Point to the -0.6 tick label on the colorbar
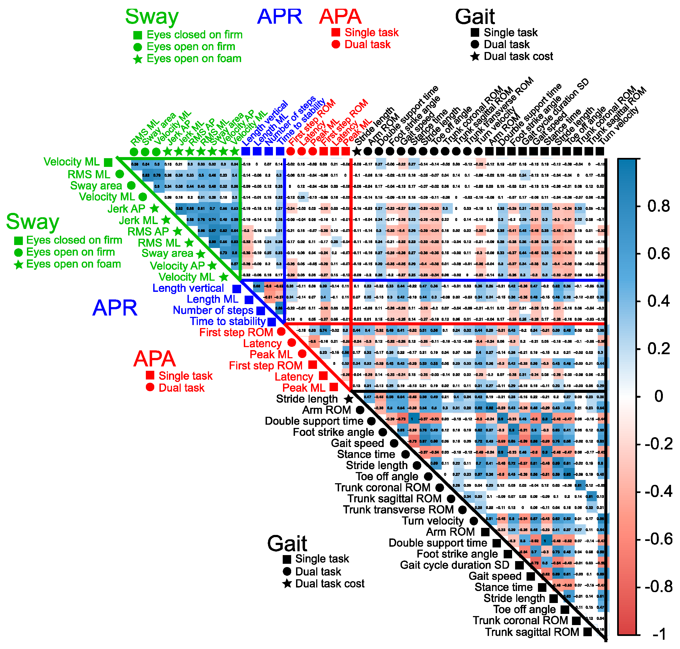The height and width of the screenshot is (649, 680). click(x=658, y=539)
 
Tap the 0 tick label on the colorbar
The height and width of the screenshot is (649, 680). click(x=659, y=396)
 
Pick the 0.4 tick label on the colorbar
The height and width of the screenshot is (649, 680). click(x=658, y=301)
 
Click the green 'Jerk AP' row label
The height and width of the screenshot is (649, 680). click(x=126, y=209)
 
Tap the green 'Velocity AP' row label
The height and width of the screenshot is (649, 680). click(x=177, y=266)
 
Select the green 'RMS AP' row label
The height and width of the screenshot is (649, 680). click(x=148, y=231)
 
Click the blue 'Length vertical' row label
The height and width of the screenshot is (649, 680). click(x=188, y=288)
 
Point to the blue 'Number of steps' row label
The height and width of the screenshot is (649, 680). click(x=213, y=310)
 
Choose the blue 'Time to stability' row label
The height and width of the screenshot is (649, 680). click(x=227, y=322)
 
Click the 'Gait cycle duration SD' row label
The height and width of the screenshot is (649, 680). click(x=454, y=565)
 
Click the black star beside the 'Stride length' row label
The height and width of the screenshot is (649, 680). click(x=349, y=399)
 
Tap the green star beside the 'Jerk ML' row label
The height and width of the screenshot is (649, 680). click(x=166, y=220)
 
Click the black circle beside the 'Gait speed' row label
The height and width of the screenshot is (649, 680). click(x=394, y=443)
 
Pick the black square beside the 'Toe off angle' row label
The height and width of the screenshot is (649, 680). click(x=565, y=610)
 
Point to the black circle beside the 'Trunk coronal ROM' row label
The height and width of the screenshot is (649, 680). click(x=439, y=488)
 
